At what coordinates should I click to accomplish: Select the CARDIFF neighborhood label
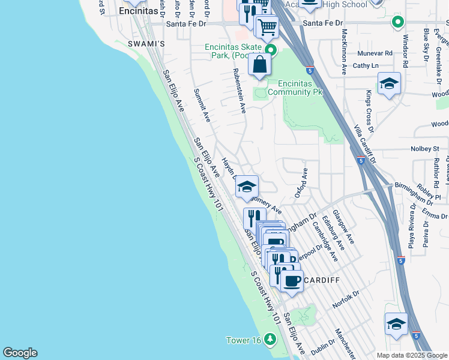322,280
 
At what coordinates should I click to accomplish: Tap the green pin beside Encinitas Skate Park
271,50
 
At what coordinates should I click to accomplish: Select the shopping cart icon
267,26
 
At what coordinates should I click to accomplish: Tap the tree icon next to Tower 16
270,340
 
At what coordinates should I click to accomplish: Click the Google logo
20,353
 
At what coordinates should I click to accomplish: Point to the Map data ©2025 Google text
411,355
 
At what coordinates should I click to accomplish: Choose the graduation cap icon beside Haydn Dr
246,187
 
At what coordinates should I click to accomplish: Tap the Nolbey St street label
427,148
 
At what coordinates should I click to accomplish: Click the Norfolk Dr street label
346,299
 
